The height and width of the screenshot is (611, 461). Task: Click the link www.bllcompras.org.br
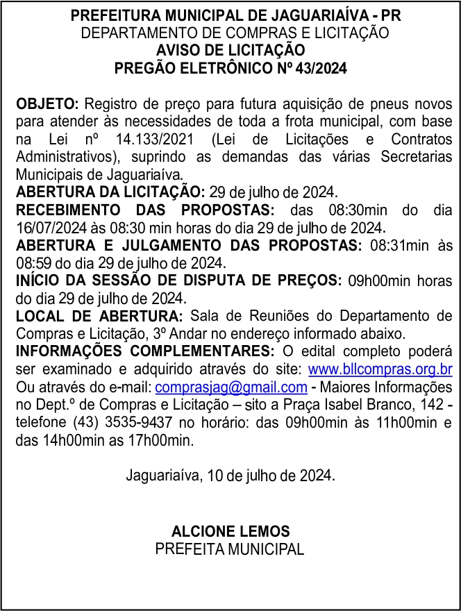pyautogui.click(x=380, y=369)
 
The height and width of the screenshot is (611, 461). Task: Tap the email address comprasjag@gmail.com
pyautogui.click(x=231, y=387)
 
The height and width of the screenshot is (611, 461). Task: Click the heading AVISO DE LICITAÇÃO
pyautogui.click(x=230, y=51)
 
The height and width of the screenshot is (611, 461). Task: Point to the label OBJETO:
pyautogui.click(x=47, y=104)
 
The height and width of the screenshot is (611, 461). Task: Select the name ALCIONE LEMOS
pyautogui.click(x=230, y=531)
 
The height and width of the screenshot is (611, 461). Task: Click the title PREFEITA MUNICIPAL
pyautogui.click(x=230, y=549)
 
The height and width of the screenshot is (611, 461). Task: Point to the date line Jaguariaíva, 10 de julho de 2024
pyautogui.click(x=230, y=476)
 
